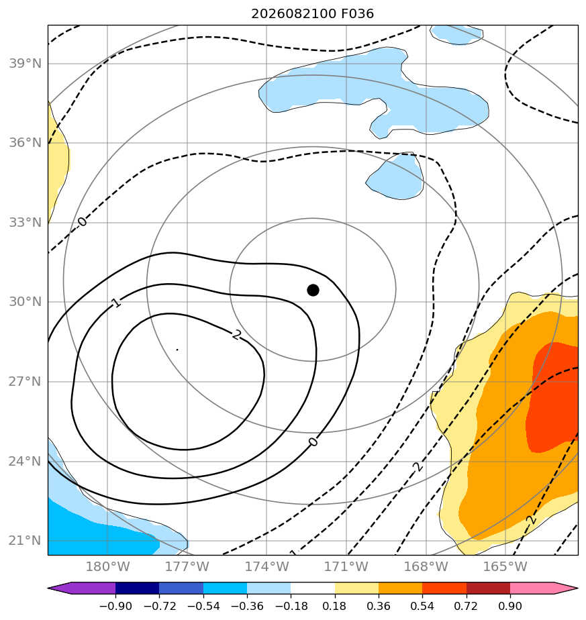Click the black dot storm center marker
pos(313,291)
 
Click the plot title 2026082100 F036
pos(313,14)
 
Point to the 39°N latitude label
pos(25,63)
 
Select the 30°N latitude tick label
pos(25,302)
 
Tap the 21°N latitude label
pos(25,540)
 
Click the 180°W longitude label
pos(107,566)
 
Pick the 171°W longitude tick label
pos(346,566)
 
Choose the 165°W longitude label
pos(505,566)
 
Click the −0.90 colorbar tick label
pos(115,606)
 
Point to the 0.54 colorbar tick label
pos(423,606)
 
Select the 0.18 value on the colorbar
pos(335,606)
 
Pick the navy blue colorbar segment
pos(138,588)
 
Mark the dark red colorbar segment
pos(488,588)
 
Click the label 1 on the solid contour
pos(116,303)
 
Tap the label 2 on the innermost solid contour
pos(237,335)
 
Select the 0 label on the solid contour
pos(313,442)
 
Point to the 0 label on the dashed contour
pos(82,222)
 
